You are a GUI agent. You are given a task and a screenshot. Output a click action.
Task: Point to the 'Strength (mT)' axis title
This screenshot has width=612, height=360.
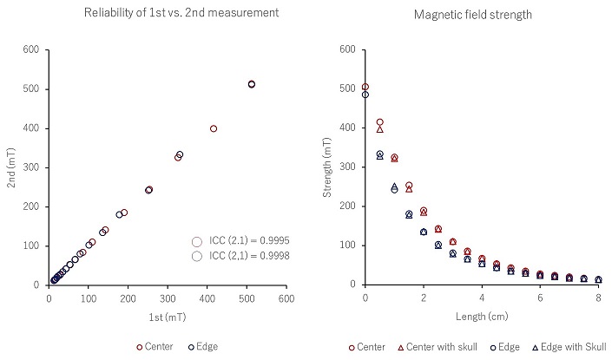point(328,167)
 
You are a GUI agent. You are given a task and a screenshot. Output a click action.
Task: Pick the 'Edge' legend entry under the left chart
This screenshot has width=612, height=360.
point(201,347)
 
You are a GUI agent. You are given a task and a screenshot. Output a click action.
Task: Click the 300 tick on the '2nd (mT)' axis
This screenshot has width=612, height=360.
point(33,167)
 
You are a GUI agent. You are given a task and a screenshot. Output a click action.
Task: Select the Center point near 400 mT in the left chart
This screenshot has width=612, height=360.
point(214,128)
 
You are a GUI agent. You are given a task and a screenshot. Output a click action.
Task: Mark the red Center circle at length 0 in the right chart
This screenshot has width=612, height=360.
point(365,87)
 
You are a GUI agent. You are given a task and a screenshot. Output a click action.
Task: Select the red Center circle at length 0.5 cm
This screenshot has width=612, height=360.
point(379,122)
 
